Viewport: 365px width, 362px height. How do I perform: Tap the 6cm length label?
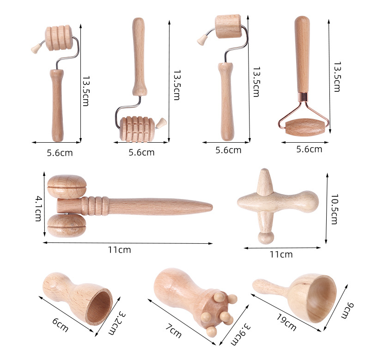point(60,326)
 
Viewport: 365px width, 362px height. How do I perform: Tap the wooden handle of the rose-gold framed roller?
point(303,55)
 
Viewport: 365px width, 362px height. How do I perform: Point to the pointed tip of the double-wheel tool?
point(209,206)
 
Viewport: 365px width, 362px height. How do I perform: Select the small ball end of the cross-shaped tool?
point(265,238)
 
